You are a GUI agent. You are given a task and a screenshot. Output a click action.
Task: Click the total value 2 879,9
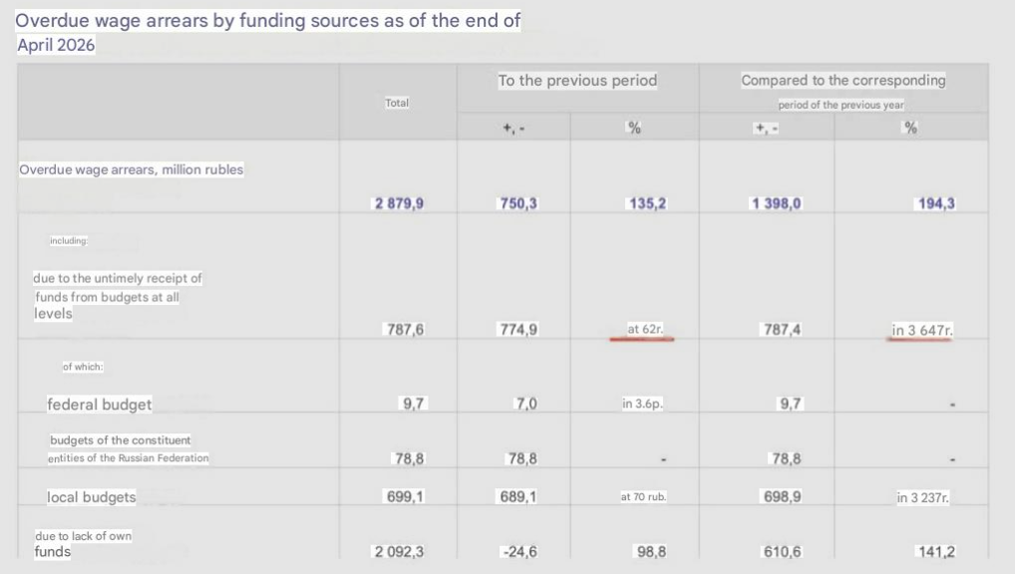[x=399, y=203]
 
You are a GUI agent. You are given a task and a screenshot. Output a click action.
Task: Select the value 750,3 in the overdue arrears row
[x=517, y=203]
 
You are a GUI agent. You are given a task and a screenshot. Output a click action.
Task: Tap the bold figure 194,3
[x=936, y=203]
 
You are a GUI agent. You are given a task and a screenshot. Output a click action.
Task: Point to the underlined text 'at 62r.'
[x=645, y=329]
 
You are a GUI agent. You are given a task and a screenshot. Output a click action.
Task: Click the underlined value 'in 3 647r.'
[x=922, y=330]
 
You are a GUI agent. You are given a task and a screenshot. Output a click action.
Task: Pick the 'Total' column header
[x=397, y=103]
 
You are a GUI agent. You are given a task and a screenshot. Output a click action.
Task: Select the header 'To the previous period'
[x=577, y=81]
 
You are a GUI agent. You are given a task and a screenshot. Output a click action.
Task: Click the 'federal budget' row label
[x=99, y=405]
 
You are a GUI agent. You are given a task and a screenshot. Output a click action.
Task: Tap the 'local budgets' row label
[x=92, y=497]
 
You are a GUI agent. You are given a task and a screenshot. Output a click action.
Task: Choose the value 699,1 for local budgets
[x=405, y=496]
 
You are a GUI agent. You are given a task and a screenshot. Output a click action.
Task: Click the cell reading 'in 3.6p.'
[x=642, y=404]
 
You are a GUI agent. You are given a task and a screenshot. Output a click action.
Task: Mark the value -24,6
[x=519, y=551]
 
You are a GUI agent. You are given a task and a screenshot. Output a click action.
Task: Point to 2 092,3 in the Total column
[x=399, y=551]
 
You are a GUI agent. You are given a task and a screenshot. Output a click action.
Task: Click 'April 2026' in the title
[x=56, y=45]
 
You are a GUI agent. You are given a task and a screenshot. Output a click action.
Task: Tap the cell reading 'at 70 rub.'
[x=643, y=496]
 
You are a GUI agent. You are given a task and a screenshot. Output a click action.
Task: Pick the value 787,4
[x=782, y=330]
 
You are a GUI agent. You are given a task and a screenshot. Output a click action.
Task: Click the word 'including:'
[x=69, y=241]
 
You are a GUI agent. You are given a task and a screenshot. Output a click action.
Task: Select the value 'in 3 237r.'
[x=922, y=497]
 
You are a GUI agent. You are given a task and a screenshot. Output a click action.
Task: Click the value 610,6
[x=782, y=551]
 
